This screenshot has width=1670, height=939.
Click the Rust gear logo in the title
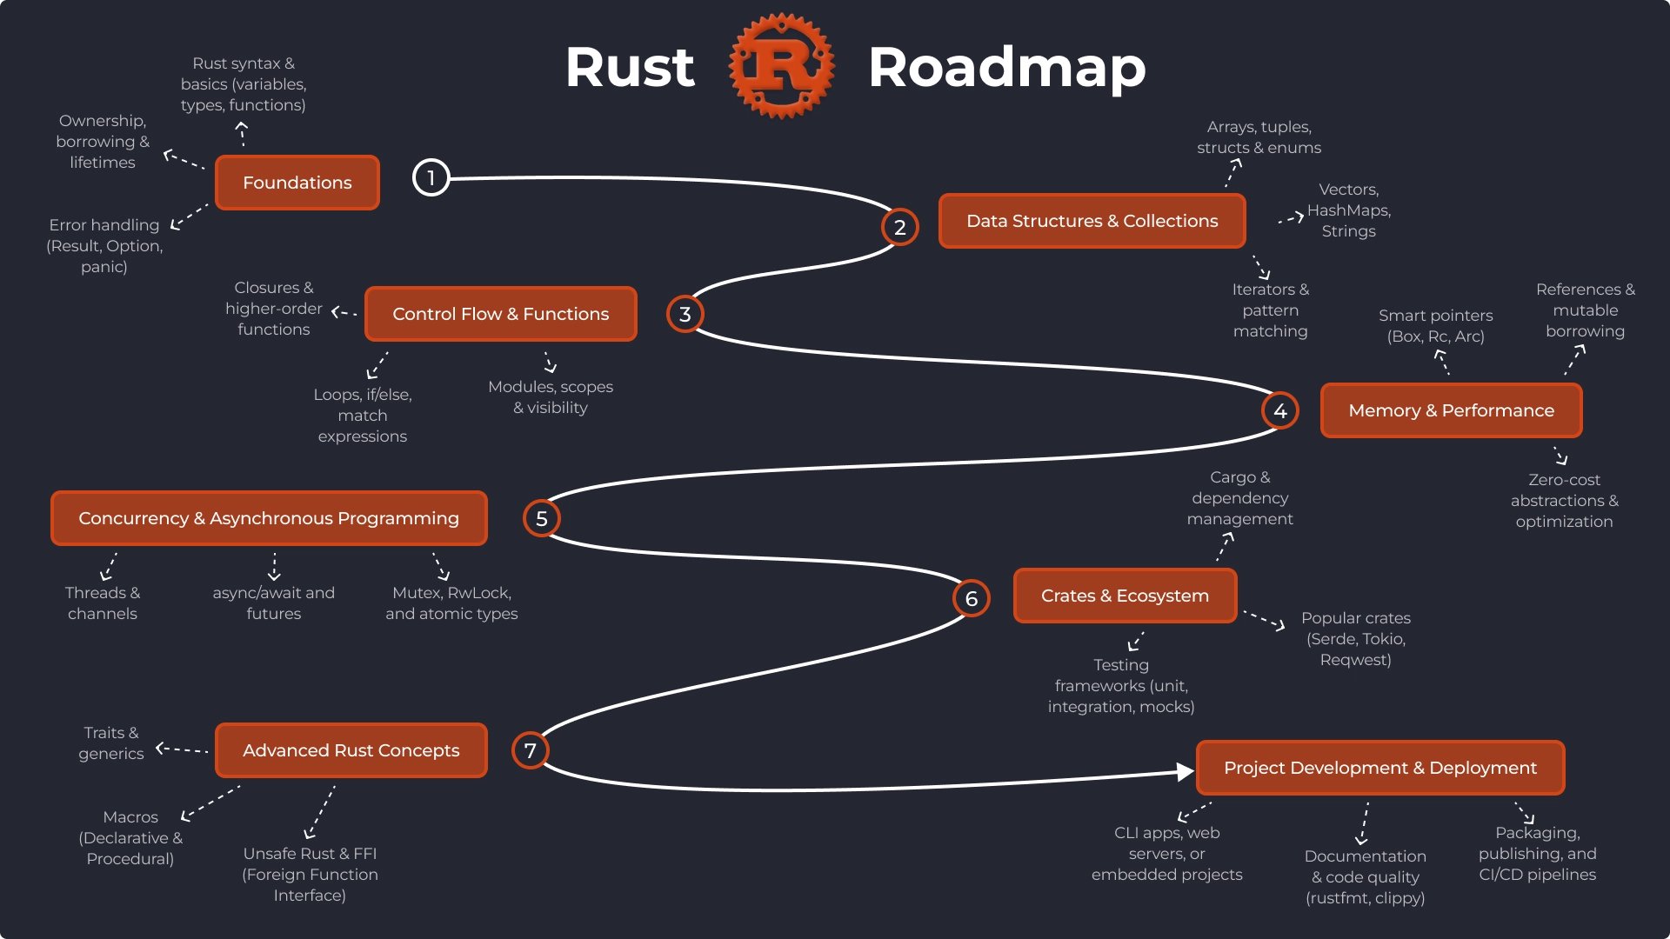coord(781,66)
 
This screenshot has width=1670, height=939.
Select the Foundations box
coord(297,183)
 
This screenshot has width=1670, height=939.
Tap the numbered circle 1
coord(431,177)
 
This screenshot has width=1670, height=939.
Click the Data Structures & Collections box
coord(1092,221)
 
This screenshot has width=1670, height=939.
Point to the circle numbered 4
coord(1279,410)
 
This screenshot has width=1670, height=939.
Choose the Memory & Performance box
coord(1450,410)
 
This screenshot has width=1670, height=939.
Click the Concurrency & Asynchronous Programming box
coord(269,518)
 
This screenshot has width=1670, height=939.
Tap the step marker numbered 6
coord(971,598)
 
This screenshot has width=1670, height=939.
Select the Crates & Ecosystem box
coord(1125,596)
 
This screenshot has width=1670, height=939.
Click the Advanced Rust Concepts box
coord(351,750)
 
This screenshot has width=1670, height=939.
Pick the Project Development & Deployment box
coord(1379,768)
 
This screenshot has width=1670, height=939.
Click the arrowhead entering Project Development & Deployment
coord(1185,771)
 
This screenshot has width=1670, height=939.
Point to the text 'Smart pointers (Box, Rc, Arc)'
coord(1435,326)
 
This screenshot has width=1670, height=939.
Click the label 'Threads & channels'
coord(103,603)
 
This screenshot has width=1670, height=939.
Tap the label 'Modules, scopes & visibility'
coord(551,397)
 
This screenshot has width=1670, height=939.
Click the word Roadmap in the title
coord(1006,68)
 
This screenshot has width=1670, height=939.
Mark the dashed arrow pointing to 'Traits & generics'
coord(182,749)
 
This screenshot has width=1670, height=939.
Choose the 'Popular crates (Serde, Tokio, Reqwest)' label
coord(1355,639)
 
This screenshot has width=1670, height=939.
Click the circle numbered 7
coord(530,750)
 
